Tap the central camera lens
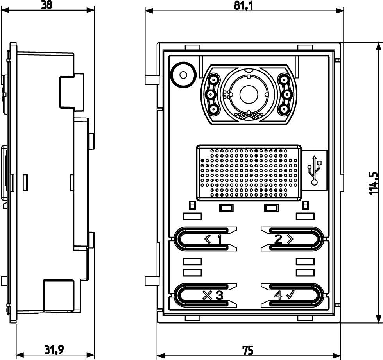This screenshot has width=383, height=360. click(x=247, y=93)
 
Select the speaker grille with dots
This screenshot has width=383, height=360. click(x=249, y=172)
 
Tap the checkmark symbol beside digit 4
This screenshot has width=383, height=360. click(x=290, y=295)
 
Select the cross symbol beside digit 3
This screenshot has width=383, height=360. click(x=207, y=296)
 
